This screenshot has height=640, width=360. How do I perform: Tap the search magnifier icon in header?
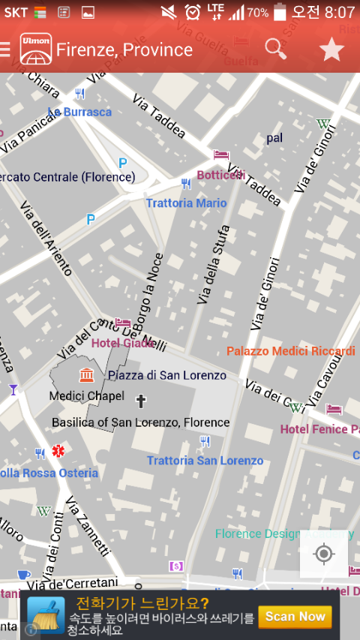(276, 49)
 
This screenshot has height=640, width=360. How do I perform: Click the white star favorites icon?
(331, 50)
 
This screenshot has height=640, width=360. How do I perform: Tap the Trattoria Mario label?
(186, 203)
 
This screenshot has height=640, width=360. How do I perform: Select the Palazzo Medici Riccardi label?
(291, 351)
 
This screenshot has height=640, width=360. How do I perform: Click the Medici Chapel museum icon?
(86, 374)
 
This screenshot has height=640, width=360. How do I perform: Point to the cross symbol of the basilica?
(140, 401)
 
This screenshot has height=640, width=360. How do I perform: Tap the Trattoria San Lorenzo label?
(205, 461)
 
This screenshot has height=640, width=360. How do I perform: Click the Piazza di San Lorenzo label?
(166, 375)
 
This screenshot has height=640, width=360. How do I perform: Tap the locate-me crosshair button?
(324, 554)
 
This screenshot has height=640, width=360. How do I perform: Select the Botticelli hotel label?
(220, 175)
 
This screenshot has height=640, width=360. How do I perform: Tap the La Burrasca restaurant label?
(79, 112)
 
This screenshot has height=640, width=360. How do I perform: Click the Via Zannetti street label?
(88, 527)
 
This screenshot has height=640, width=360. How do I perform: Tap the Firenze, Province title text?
(124, 50)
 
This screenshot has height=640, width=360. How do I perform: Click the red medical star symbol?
(58, 452)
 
